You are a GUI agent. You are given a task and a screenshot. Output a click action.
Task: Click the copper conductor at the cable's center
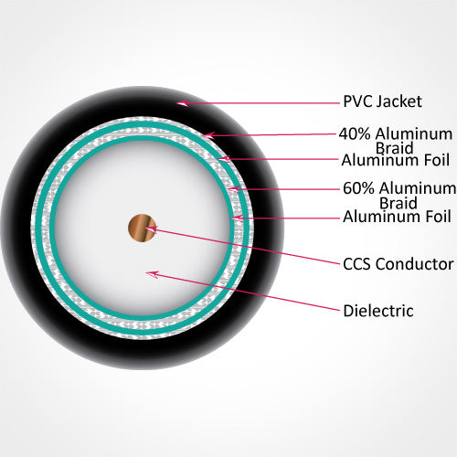point(142,228)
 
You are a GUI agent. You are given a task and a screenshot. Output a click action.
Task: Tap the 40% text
point(355,134)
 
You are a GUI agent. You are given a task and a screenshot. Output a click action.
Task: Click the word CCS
point(356,264)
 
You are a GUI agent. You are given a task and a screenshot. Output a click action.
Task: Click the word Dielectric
point(378,311)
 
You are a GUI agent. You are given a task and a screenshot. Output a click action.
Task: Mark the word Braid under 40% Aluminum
point(394,148)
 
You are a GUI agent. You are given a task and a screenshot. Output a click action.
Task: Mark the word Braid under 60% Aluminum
point(399,203)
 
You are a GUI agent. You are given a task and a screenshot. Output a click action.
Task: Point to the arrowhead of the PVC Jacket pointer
point(183,103)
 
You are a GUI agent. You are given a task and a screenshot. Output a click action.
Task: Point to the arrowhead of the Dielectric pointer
point(152,274)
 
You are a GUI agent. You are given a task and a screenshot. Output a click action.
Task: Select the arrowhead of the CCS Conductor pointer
point(150,229)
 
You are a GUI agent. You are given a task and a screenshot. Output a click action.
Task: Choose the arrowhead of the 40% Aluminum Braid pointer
point(209,135)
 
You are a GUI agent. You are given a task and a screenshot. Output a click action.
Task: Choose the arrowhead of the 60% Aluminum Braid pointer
point(235,189)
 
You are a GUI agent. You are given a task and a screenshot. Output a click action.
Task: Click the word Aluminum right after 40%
point(414,134)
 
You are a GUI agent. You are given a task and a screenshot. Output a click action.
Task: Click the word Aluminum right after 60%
point(418,188)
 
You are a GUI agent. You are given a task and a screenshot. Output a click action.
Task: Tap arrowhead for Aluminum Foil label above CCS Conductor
point(237,218)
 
